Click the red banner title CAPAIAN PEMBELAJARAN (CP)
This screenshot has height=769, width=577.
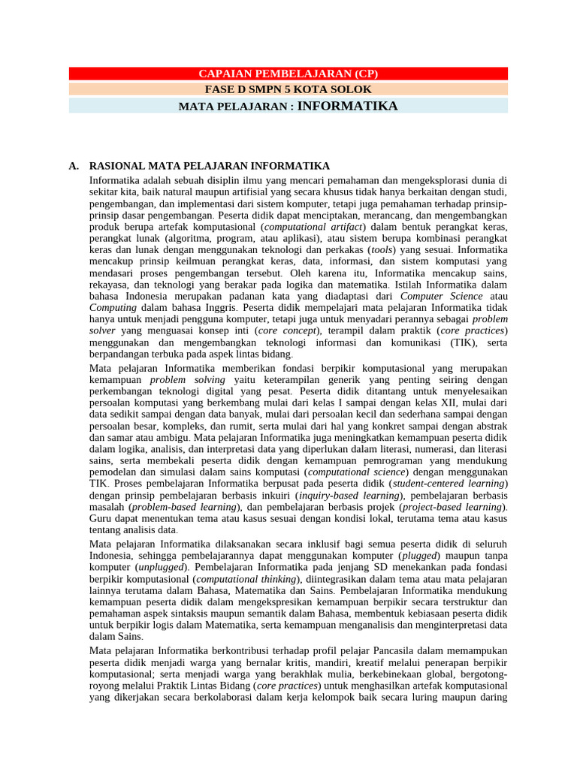[x=288, y=74]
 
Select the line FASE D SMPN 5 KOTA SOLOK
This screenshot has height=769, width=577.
[x=288, y=89]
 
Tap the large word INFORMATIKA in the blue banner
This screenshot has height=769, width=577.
[x=348, y=106]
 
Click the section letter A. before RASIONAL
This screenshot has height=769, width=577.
[x=74, y=166]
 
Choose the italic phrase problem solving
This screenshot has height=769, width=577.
[x=188, y=380]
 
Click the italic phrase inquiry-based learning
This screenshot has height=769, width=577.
[x=346, y=495]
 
